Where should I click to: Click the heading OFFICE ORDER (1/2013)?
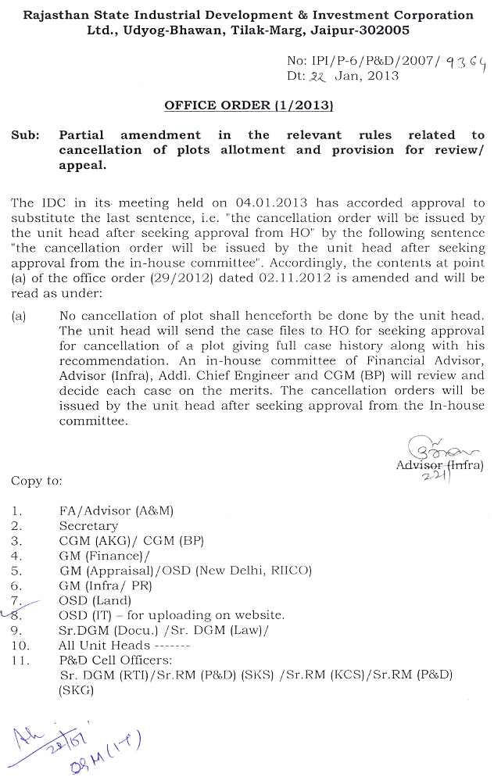[x=249, y=105]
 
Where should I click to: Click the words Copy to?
[x=36, y=481]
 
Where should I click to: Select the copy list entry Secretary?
[x=88, y=526]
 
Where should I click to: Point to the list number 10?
[x=21, y=646]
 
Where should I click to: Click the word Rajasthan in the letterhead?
[x=55, y=15]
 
